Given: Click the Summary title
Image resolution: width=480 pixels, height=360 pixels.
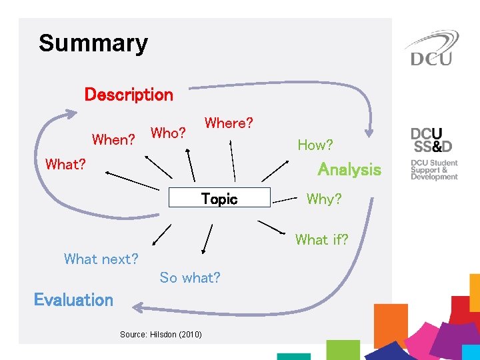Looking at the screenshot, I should [93, 44].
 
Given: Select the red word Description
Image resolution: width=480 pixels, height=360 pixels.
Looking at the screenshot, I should [129, 95].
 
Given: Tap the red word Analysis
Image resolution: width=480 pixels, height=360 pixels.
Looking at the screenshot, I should [349, 169].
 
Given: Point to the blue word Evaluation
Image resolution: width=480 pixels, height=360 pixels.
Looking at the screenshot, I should [73, 300].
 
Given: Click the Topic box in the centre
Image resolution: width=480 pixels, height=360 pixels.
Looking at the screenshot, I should [219, 199].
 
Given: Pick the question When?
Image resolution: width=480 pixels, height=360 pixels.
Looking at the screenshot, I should [114, 140].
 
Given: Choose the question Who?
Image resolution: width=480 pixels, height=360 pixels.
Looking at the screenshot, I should [168, 133].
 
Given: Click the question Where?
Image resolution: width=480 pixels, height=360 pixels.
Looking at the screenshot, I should [229, 123].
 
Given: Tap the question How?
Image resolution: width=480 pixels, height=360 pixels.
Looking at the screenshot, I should [315, 145].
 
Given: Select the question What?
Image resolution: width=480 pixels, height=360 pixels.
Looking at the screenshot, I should [65, 164].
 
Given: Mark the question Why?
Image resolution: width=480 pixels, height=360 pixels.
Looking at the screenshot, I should [323, 199].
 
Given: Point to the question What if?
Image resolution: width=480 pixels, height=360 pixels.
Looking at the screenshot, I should [321, 239].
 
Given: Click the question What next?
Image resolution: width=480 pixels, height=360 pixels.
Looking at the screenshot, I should [101, 259].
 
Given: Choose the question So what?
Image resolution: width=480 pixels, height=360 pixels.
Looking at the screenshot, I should [190, 277].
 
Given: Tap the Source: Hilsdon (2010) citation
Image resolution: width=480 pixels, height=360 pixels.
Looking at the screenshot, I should [161, 334].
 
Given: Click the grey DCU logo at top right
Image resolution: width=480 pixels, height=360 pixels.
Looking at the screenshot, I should [431, 49].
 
